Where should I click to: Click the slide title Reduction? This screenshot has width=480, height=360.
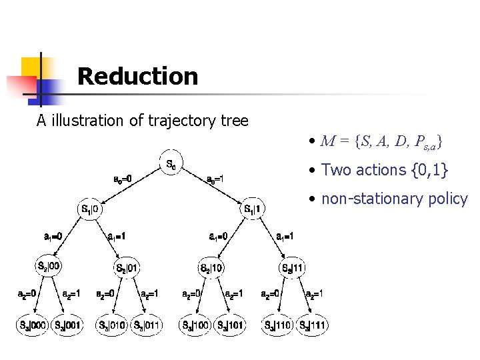coord(137,77)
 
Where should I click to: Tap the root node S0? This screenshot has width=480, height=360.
coord(171,163)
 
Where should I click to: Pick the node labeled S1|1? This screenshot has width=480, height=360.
coord(253,209)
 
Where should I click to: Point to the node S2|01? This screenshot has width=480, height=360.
coord(127,269)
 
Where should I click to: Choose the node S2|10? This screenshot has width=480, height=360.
coord(213,269)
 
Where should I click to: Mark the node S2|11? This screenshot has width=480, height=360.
coord(292,269)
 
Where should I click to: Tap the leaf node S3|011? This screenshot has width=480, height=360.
coord(145,325)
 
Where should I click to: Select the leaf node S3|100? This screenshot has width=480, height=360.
coord(195,325)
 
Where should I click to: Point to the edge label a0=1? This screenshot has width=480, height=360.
coord(215,179)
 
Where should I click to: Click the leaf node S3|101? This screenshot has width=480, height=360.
coord(229,325)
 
